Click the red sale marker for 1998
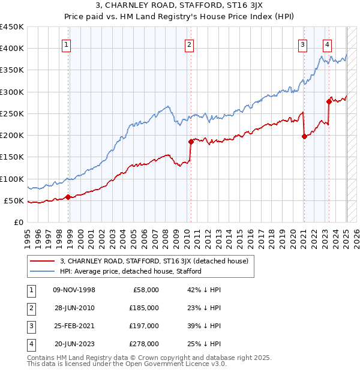[x=68, y=197]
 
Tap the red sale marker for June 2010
[x=191, y=142]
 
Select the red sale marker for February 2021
[x=304, y=136]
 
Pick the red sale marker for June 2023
[x=329, y=101]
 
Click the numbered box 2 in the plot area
[x=189, y=44]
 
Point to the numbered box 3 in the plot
[x=302, y=44]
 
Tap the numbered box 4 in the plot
[x=327, y=44]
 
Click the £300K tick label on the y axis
[x=13, y=92]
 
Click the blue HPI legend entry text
[x=130, y=271]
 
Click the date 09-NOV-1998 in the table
[x=74, y=290]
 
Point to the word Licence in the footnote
[x=194, y=364]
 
